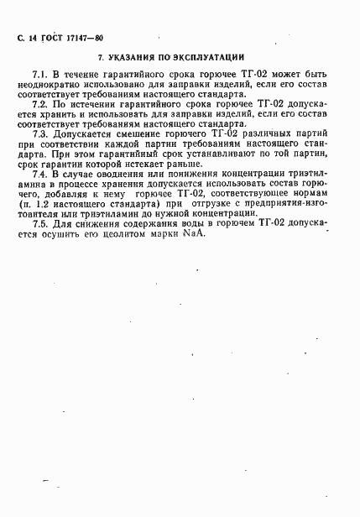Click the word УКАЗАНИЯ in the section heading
click(x=135, y=59)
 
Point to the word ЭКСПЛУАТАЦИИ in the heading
click(x=210, y=59)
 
